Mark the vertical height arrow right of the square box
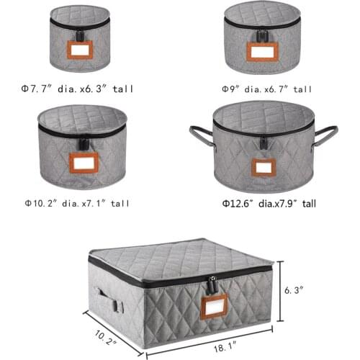[279, 289]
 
